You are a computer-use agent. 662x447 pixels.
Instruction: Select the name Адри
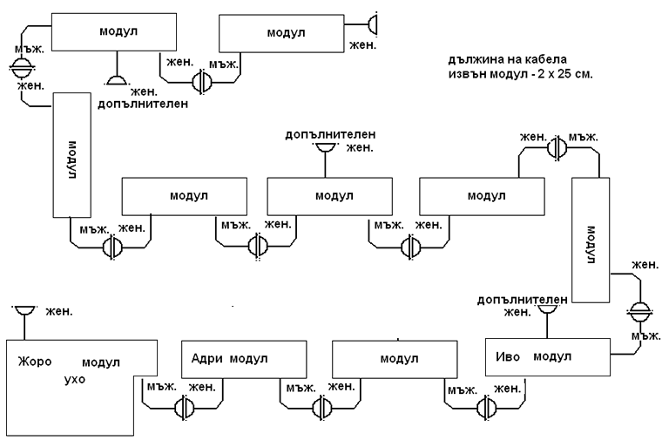pyautogui.click(x=206, y=359)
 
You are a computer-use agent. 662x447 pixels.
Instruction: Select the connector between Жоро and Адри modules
pyautogui.click(x=184, y=406)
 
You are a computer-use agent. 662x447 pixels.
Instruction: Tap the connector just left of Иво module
pyautogui.click(x=486, y=406)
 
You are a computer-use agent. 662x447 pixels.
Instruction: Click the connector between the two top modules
pyautogui.click(x=201, y=79)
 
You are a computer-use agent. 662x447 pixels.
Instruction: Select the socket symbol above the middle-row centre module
pyautogui.click(x=326, y=148)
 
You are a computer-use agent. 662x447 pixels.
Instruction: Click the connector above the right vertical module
pyautogui.click(x=557, y=149)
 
